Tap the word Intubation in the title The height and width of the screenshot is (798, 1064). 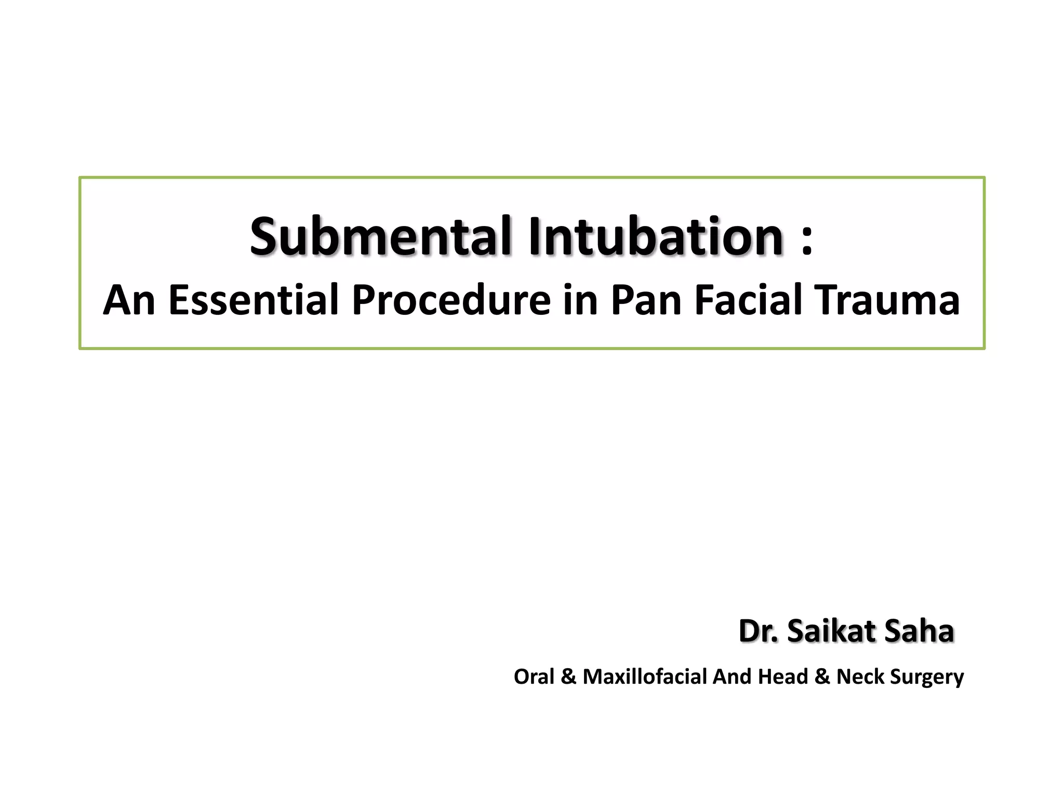pos(656,236)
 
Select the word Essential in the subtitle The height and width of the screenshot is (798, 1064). pos(254,300)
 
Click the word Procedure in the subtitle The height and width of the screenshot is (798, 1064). pos(451,300)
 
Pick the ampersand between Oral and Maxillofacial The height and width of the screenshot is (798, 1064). pos(569,676)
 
